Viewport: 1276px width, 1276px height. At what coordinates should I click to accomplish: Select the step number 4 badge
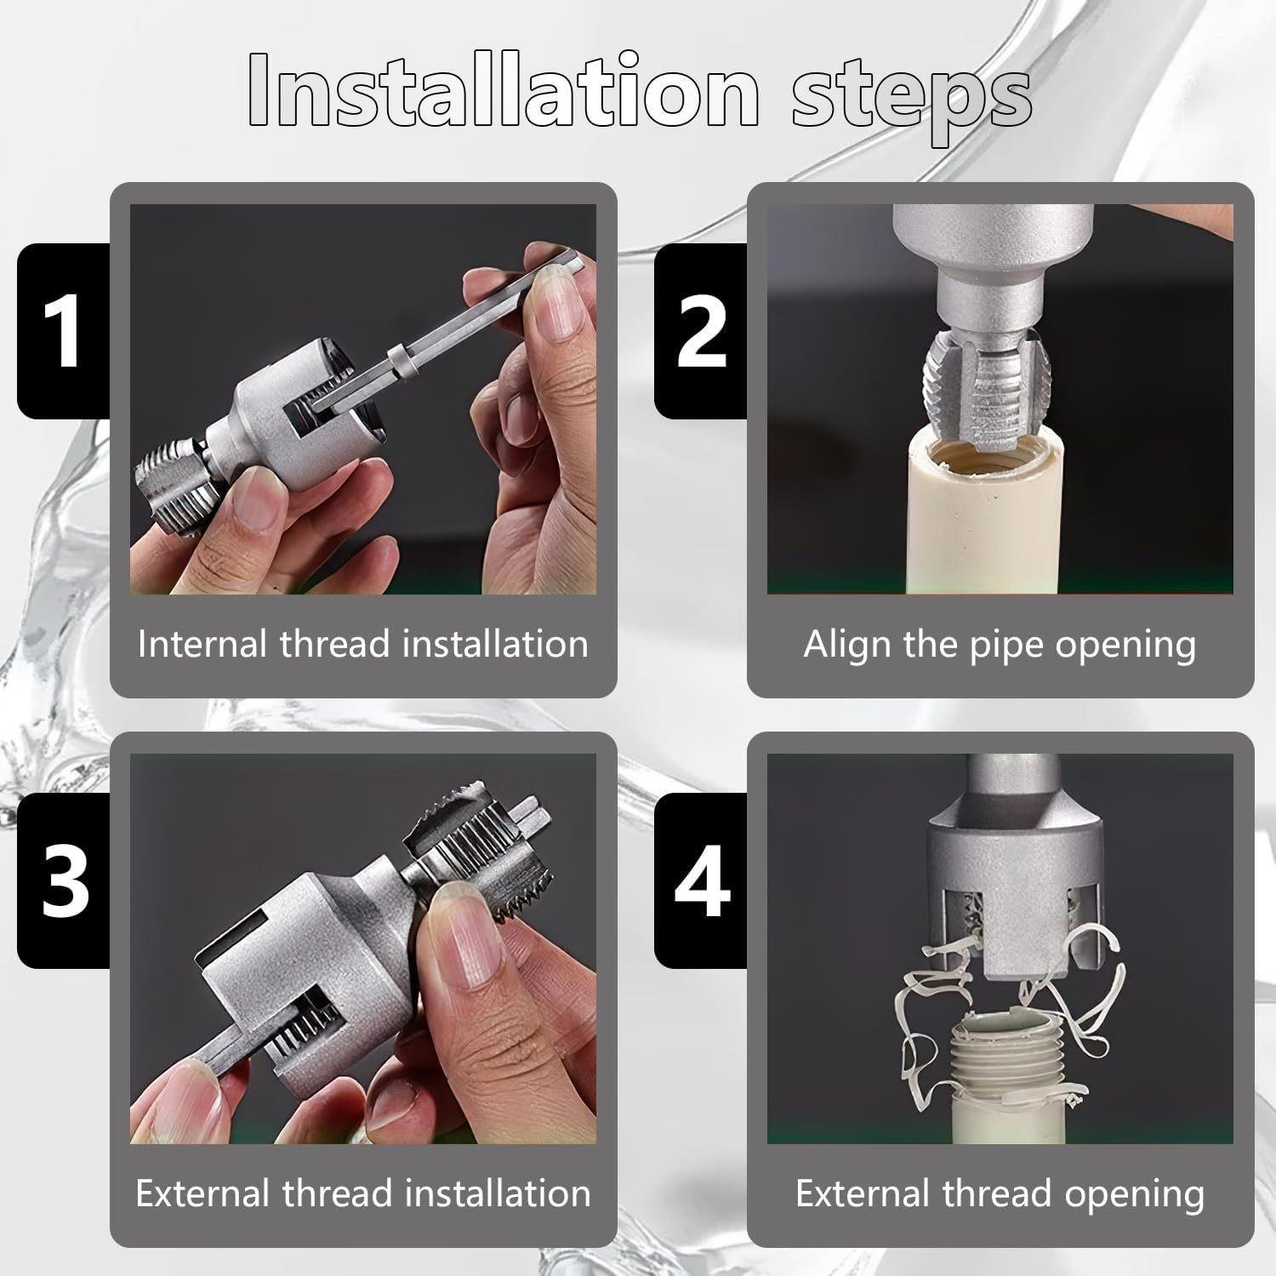point(700,880)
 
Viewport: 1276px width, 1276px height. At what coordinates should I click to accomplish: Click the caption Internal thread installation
point(363,644)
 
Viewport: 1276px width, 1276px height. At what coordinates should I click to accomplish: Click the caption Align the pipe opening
point(1000,644)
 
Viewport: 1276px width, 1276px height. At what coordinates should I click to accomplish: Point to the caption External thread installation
point(363,1193)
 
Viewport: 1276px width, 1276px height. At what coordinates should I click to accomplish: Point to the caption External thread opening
point(1000,1193)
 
